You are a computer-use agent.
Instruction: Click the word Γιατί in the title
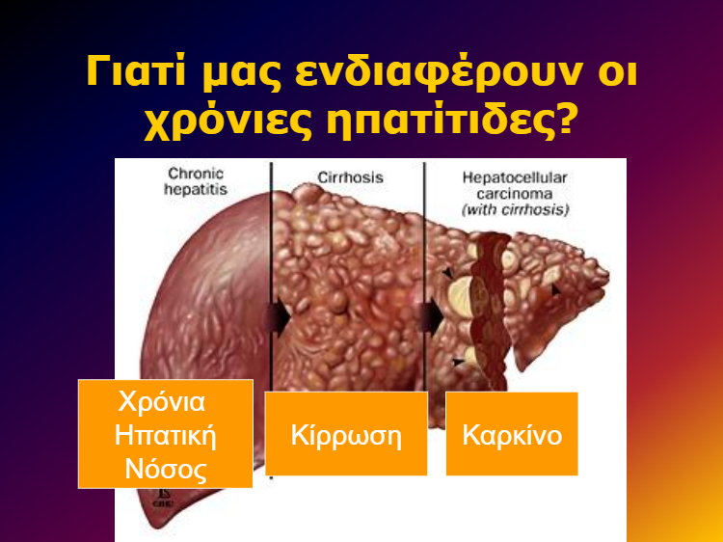click(x=136, y=71)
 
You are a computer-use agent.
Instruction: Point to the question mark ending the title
click(x=565, y=118)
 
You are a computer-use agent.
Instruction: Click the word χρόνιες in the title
click(x=229, y=122)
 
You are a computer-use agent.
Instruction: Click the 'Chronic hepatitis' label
click(x=196, y=181)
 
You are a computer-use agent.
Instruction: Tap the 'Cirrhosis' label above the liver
click(x=351, y=177)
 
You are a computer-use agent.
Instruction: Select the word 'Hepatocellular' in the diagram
click(x=515, y=177)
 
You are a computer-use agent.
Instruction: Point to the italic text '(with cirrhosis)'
click(x=515, y=210)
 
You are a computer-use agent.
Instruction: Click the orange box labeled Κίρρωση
click(x=346, y=434)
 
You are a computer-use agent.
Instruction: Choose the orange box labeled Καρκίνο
click(x=512, y=434)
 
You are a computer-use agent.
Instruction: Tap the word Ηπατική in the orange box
click(x=166, y=436)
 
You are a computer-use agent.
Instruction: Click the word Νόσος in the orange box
click(x=166, y=469)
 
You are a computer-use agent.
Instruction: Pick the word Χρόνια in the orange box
click(x=162, y=402)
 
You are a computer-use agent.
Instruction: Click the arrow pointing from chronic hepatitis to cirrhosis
click(x=279, y=317)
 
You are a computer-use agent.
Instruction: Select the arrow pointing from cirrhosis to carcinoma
click(x=432, y=317)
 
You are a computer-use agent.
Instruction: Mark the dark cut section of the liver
click(x=490, y=309)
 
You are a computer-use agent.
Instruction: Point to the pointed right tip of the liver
click(x=608, y=276)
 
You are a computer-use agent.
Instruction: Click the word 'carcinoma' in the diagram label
click(x=515, y=194)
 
